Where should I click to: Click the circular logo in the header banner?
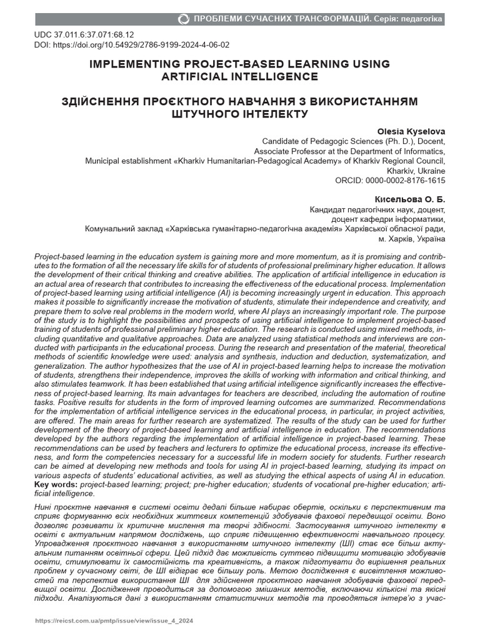pos(183,19)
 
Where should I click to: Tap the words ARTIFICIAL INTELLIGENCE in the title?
pos(239,77)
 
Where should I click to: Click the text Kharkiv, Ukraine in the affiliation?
pos(416,171)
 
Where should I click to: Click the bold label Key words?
pos(56,484)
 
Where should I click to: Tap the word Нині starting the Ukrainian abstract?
pos(45,504)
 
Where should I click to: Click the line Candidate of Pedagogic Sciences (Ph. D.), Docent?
pos(353,141)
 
